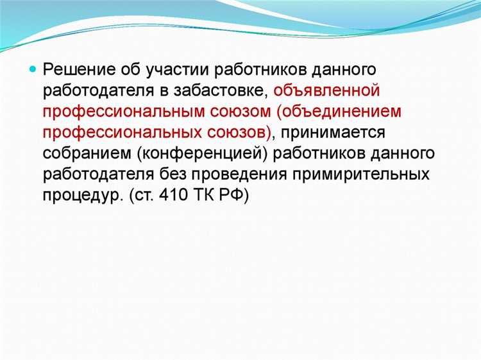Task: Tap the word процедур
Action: click(x=79, y=196)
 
